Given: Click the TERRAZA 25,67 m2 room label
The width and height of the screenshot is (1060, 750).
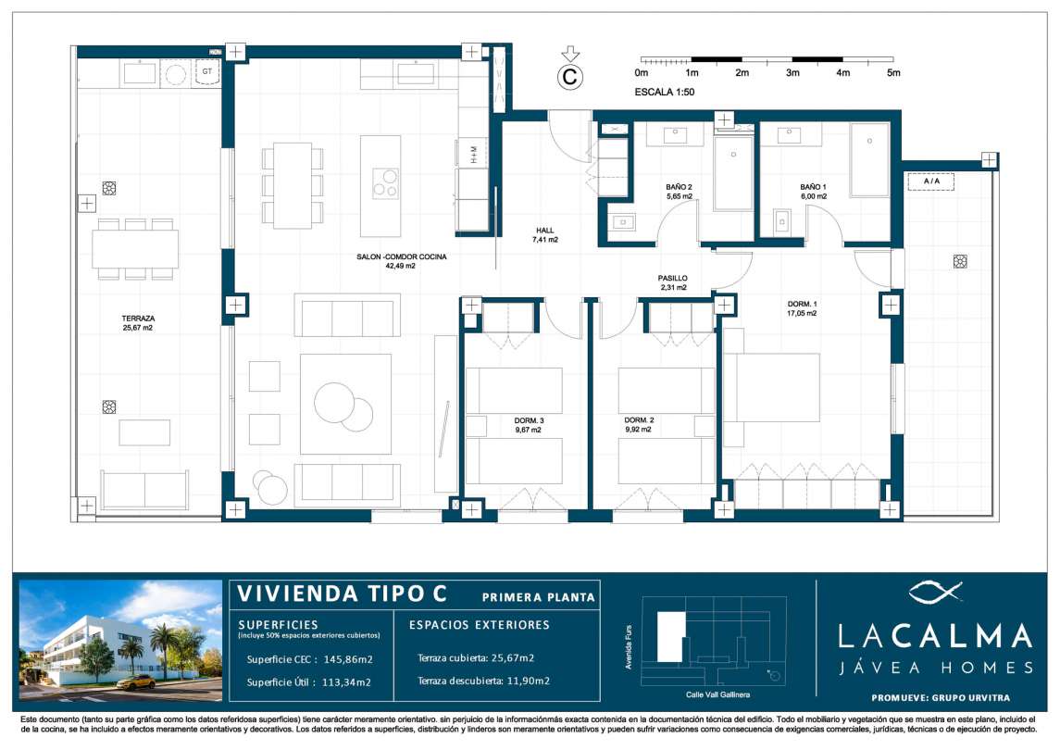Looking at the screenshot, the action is [137, 322].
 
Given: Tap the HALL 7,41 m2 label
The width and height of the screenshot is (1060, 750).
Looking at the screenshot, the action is [545, 234].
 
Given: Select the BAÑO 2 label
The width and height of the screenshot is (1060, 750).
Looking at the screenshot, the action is [679, 187].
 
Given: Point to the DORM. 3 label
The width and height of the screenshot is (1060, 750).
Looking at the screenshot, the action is [528, 420].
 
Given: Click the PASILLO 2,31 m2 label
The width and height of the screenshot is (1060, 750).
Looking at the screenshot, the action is [673, 282].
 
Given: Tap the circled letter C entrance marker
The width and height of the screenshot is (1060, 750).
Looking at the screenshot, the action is [570, 77].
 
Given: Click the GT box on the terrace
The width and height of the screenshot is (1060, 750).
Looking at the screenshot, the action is [206, 72].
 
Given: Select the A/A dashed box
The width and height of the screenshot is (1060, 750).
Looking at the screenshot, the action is [931, 181].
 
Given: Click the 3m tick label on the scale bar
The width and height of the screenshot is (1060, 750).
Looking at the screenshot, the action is [792, 72].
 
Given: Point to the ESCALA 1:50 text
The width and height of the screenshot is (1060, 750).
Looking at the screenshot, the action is [665, 92].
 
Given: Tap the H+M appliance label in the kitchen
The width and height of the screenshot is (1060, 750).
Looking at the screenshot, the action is [474, 155].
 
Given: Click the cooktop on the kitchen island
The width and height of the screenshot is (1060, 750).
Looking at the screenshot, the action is [386, 182].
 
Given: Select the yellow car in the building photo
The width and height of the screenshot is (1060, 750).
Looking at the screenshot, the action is [136, 681].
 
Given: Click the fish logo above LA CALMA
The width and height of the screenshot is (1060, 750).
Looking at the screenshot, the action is [935, 593].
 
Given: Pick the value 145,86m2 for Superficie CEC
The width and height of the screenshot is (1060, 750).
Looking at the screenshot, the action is [348, 659].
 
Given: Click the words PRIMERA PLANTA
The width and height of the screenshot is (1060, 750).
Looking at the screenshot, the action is [538, 597].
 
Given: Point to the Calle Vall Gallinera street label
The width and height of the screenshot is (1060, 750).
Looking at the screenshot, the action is [717, 695].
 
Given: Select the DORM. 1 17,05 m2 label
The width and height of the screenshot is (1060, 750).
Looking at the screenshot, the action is [802, 308].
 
